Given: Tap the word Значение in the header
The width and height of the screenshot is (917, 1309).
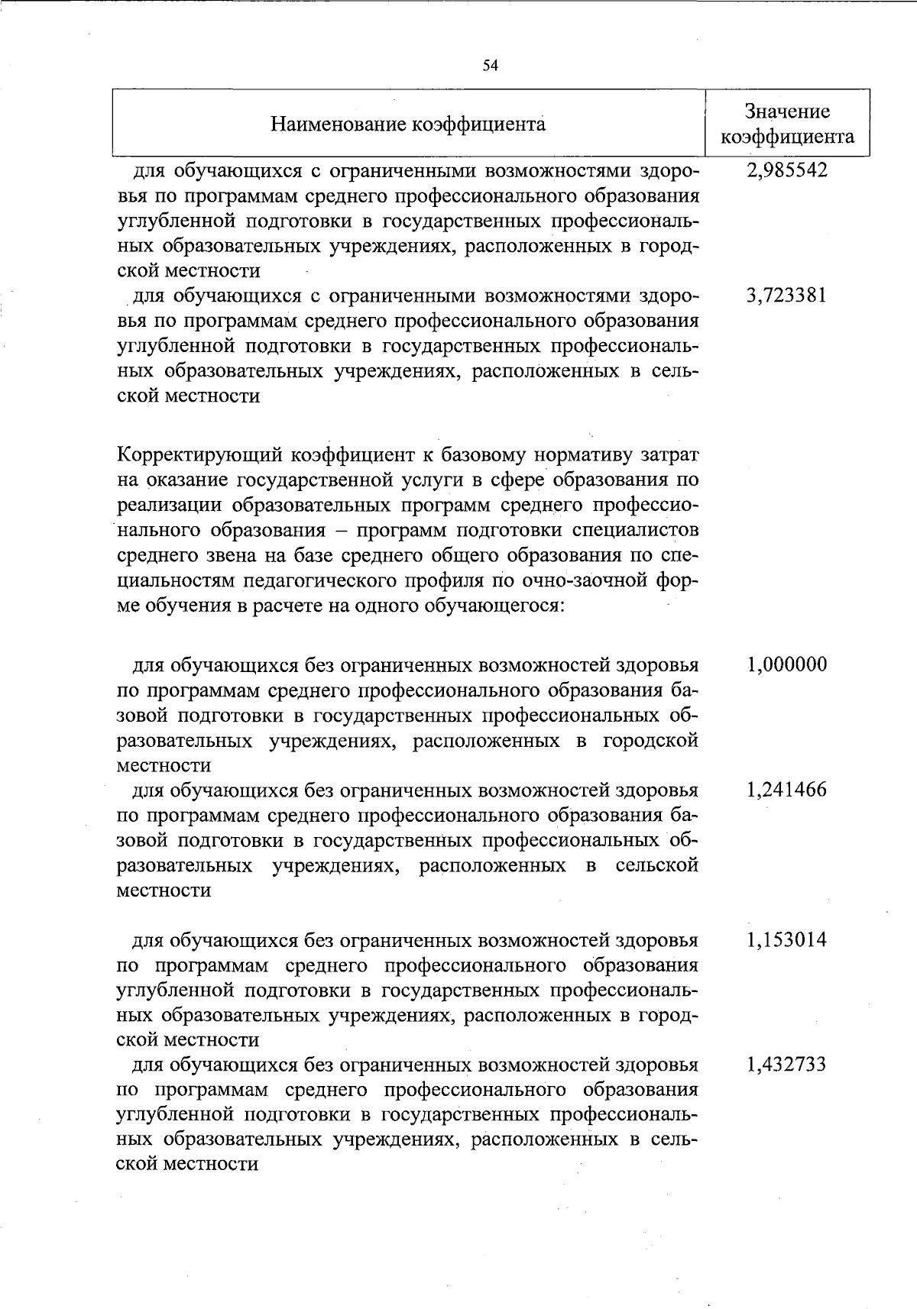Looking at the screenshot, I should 787,112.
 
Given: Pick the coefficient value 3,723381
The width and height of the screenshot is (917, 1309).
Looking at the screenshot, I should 787,296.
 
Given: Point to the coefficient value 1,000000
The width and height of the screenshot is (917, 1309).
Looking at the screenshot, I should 787,664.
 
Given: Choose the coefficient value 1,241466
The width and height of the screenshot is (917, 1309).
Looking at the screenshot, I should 787,790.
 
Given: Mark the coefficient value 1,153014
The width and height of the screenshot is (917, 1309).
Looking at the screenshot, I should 787,939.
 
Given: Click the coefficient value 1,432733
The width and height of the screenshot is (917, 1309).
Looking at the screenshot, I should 787,1065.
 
